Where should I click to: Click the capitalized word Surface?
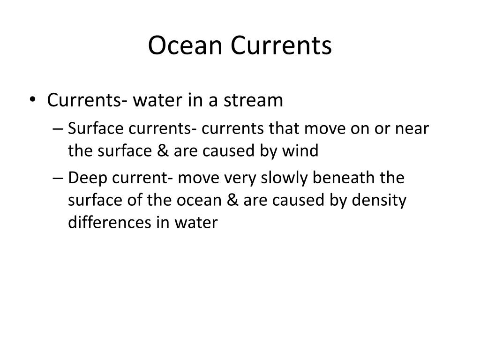pos(91,128)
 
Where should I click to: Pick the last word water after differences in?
pos(199,223)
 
